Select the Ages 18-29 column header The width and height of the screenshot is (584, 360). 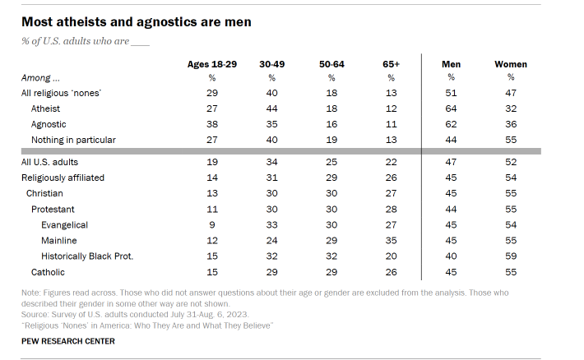212,64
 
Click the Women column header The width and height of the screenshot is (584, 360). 511,64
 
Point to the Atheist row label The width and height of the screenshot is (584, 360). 45,108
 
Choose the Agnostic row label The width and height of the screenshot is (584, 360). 48,124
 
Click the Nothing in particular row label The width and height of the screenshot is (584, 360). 73,140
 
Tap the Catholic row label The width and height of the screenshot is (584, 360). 48,271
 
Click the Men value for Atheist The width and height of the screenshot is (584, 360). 451,108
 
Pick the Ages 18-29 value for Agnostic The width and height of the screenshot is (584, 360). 212,124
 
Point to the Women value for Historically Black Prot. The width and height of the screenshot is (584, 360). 511,256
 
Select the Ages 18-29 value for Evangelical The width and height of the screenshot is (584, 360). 212,224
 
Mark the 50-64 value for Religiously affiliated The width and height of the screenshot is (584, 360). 332,178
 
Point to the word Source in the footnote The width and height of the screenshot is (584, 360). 35,315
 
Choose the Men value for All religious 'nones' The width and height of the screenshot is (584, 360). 451,93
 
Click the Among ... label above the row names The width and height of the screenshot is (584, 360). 40,78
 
